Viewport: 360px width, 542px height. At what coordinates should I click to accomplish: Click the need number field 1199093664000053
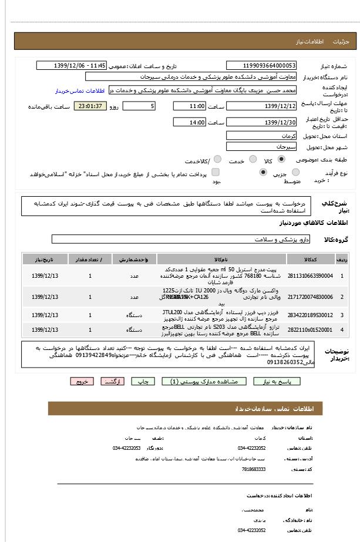[x=261, y=66]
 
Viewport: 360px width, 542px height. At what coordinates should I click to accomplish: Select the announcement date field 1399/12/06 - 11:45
[x=72, y=66]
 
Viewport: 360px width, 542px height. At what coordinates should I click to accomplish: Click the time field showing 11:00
[x=189, y=106]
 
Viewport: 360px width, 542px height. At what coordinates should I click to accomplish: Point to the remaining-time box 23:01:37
[x=90, y=106]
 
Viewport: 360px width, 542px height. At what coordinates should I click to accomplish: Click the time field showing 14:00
[x=189, y=122]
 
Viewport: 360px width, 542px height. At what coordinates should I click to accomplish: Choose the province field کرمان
[x=261, y=136]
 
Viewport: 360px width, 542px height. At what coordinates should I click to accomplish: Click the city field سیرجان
[x=261, y=147]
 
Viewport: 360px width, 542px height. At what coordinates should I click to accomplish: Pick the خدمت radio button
[x=253, y=159]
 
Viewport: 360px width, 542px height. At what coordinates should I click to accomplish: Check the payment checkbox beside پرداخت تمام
[x=216, y=172]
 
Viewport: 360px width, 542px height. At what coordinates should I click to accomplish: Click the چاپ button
[x=143, y=381]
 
